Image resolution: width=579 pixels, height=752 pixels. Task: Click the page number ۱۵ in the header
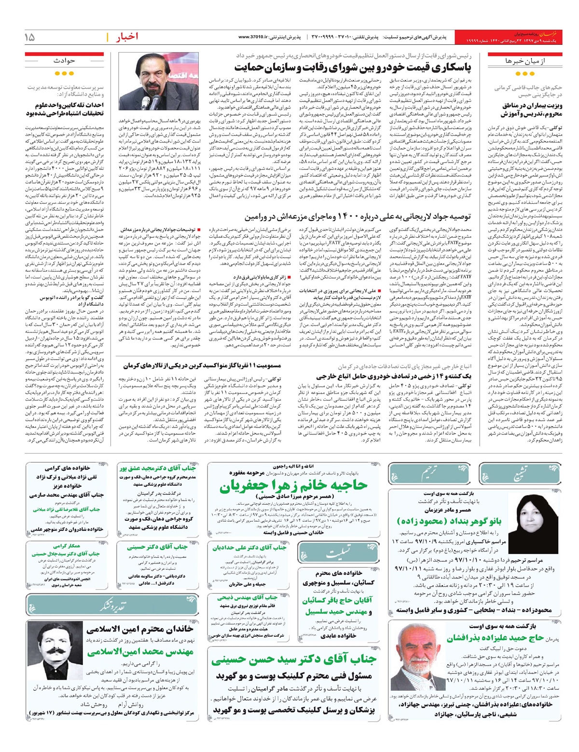point(29,37)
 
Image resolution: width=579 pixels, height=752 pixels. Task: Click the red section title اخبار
point(126,37)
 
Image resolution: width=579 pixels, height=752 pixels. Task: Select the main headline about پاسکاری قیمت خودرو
point(353,67)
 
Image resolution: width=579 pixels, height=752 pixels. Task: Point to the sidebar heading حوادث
point(64,61)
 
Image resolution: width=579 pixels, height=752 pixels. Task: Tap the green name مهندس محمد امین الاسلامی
point(140,652)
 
